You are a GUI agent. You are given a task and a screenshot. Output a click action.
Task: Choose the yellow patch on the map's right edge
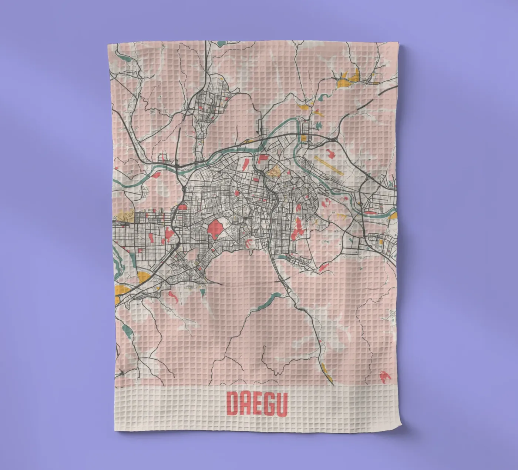pos(394,214)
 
